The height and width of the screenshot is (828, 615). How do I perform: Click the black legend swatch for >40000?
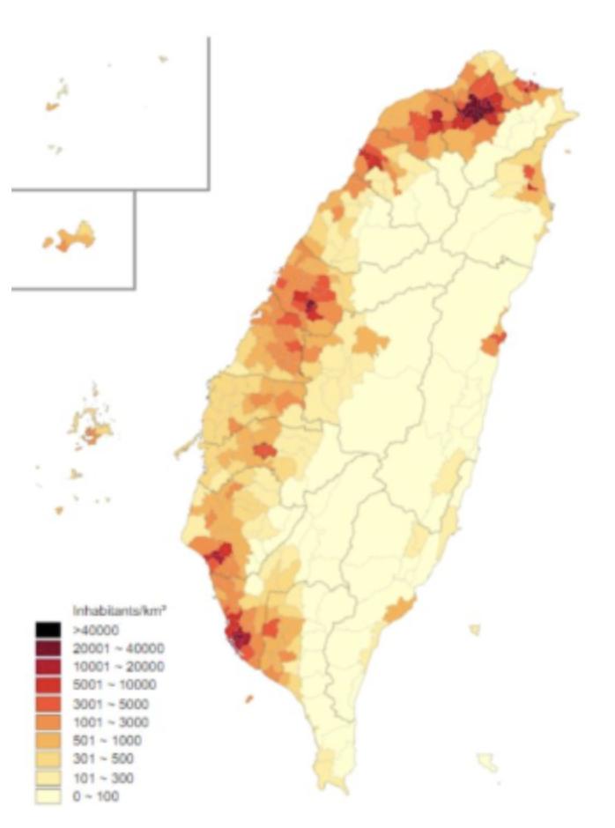(48, 629)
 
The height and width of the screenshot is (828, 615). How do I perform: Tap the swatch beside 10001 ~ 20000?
(48, 666)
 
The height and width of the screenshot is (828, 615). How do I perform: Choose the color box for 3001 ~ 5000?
(48, 703)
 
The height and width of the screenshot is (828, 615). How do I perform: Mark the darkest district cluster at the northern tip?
(476, 110)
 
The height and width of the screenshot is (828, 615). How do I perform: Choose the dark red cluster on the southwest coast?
(236, 633)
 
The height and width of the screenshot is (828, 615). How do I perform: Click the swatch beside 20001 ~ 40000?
(48, 647)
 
